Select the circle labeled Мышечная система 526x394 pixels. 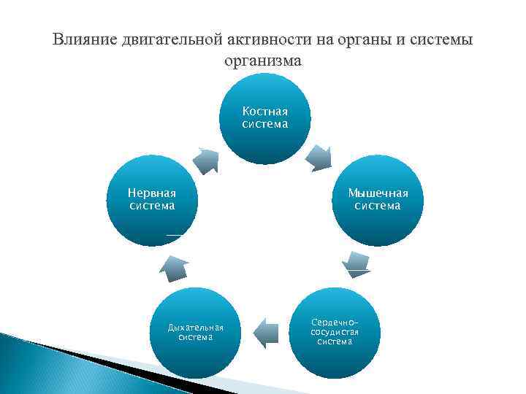point(378,201)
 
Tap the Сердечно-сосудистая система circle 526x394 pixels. point(335,333)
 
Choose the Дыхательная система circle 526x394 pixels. point(195,333)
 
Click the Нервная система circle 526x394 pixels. point(152,201)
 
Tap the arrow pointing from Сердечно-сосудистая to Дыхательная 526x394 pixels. point(266,332)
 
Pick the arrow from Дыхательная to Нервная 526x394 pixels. point(174,268)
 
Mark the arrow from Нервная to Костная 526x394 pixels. point(207,160)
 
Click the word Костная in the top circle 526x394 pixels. point(264,112)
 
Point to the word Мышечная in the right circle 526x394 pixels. point(378,193)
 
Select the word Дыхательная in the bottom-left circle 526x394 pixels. point(195,327)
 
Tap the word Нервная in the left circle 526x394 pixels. point(152,193)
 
